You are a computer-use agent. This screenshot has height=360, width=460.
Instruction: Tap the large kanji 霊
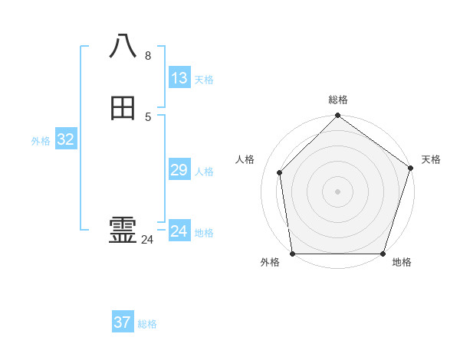point(123,230)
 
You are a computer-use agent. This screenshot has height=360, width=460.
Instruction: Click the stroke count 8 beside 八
point(148,55)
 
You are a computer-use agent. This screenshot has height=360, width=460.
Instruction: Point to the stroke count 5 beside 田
point(148,116)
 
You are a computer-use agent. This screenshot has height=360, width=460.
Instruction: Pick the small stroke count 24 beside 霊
point(147,240)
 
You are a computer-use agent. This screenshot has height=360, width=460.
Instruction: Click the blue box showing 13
point(179,78)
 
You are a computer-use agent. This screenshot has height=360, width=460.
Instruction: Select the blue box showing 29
point(179,170)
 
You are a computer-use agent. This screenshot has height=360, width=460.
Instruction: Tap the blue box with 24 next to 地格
point(179,231)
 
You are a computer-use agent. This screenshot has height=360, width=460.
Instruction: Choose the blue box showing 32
point(66,139)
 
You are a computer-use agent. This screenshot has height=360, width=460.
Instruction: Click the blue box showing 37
point(123,322)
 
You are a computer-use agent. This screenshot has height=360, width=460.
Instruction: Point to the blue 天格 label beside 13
point(204,80)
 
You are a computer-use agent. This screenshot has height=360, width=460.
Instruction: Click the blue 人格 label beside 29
point(204,172)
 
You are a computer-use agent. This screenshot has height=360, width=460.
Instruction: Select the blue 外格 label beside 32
point(41,141)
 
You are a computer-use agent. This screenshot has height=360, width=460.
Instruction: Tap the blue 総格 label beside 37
point(147,324)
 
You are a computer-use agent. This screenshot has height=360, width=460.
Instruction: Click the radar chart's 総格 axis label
point(338,100)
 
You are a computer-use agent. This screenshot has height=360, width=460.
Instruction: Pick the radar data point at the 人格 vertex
point(280,172)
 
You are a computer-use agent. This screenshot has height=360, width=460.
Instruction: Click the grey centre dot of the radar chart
point(337,191)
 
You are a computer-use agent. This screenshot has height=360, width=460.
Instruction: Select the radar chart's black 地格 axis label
point(402,263)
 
